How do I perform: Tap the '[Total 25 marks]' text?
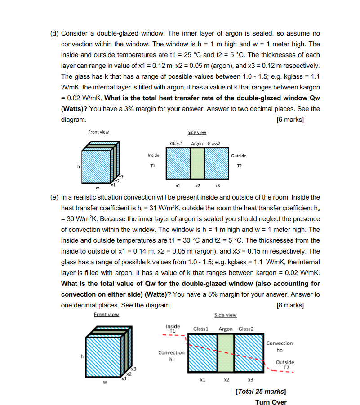pos(261,392)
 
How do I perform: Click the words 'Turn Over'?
pos(271,402)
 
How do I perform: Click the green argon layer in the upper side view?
pos(197,164)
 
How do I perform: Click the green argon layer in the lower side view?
pos(226,353)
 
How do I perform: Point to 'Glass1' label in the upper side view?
pos(176,144)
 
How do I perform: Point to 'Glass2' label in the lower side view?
pos(246,329)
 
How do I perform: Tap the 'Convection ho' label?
pos(279,346)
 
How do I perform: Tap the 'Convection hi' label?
pos(171,356)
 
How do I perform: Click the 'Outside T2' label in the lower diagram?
pos(285,365)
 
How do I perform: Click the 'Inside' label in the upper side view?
pos(153,156)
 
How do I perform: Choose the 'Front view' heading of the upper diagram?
pos(98,132)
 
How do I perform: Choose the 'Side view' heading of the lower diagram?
pos(226,315)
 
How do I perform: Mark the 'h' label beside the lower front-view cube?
pos(81,357)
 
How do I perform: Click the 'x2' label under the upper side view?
pos(197,185)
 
